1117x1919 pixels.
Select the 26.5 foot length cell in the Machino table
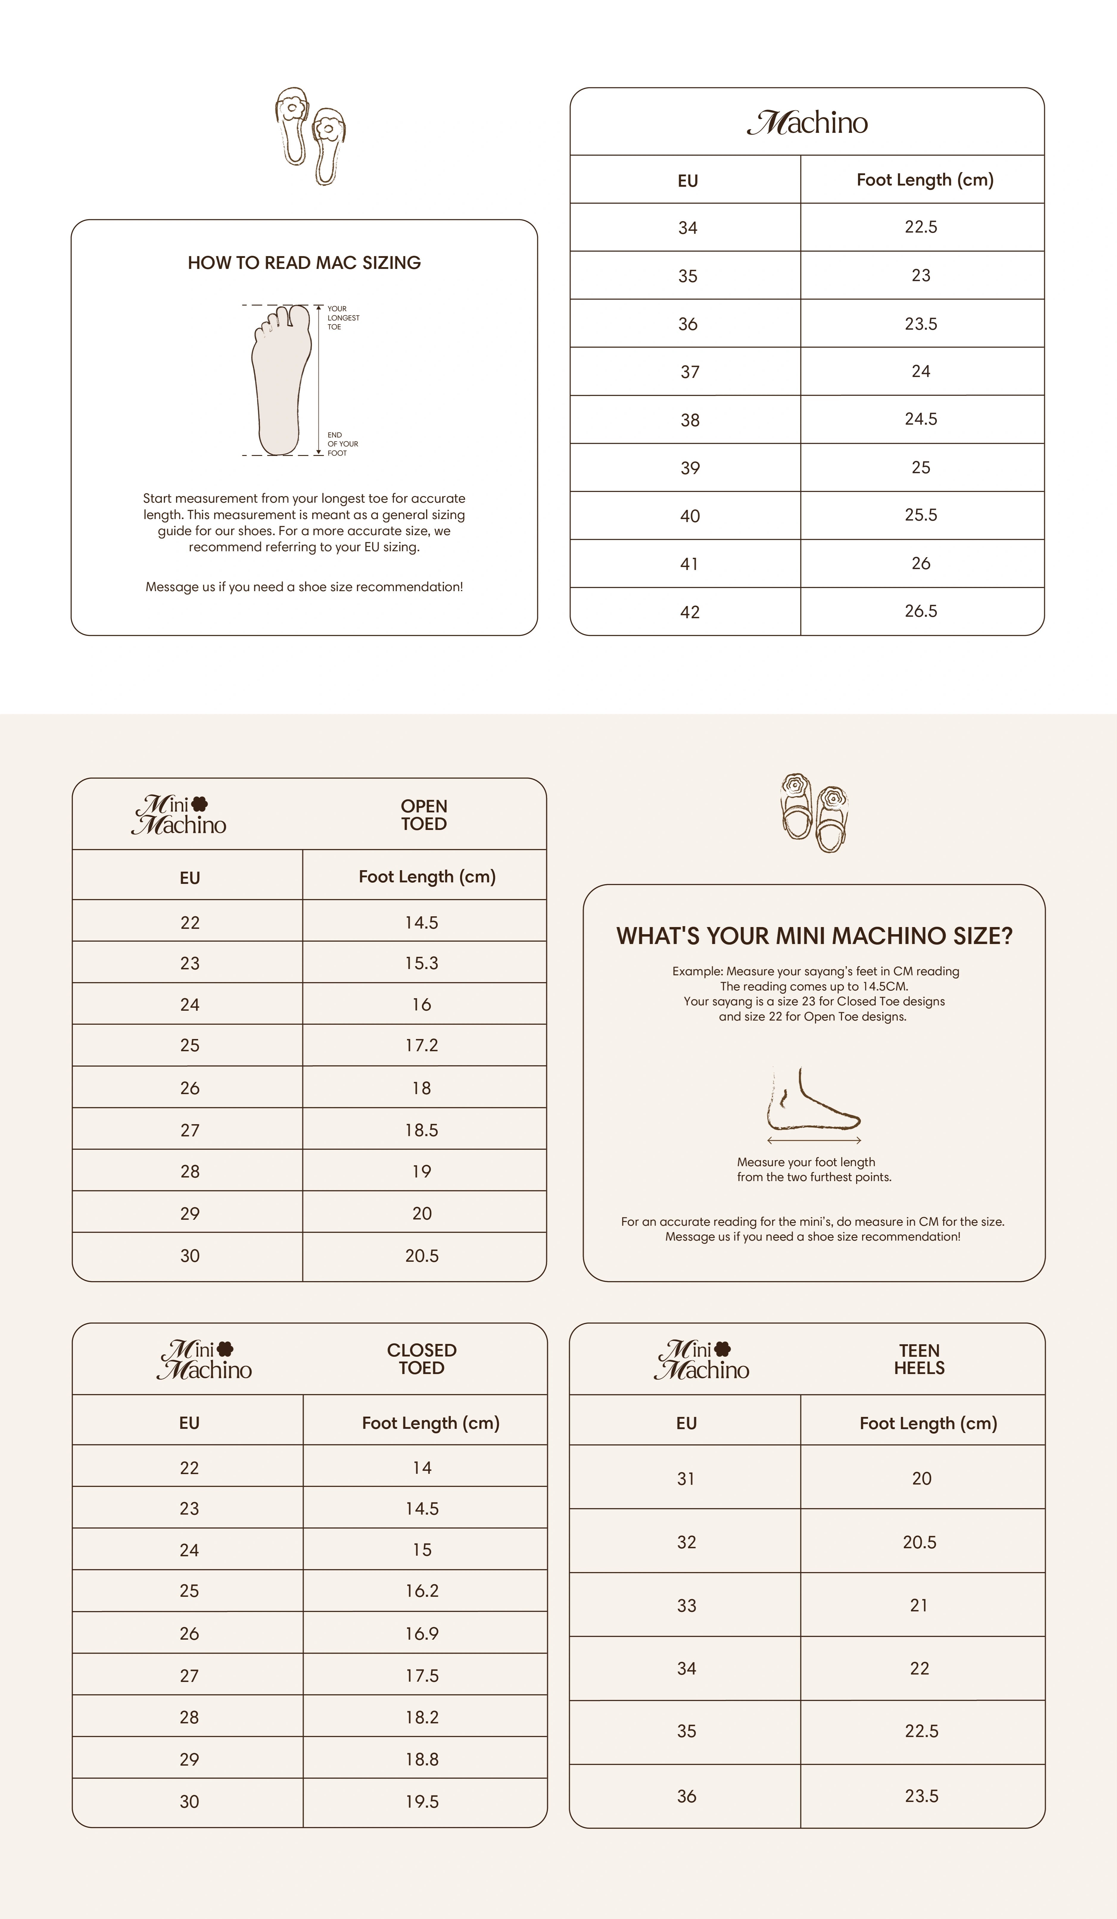[920, 611]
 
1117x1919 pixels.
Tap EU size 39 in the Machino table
[690, 468]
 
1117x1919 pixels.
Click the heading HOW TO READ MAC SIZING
[304, 263]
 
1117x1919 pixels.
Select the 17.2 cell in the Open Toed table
[422, 1046]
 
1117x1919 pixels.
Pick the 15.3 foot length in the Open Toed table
[422, 963]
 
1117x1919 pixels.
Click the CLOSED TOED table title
[422, 1359]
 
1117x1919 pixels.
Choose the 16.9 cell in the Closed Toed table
[422, 1633]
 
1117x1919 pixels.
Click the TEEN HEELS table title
[919, 1359]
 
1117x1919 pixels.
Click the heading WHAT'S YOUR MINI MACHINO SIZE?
[814, 936]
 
